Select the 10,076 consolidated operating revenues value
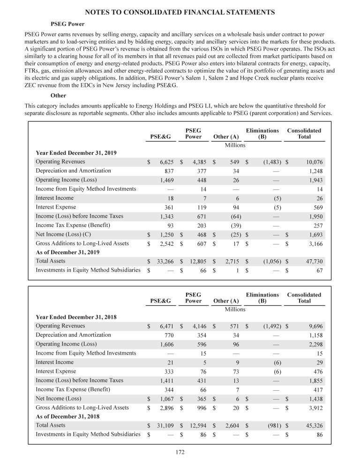(x=311, y=162)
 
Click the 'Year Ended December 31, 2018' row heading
(x=76, y=317)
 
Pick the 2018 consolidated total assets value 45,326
(x=311, y=425)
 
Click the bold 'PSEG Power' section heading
(x=67, y=23)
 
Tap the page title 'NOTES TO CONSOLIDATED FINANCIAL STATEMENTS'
(x=180, y=11)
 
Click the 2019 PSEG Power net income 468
(x=200, y=234)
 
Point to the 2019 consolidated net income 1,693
(x=314, y=234)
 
